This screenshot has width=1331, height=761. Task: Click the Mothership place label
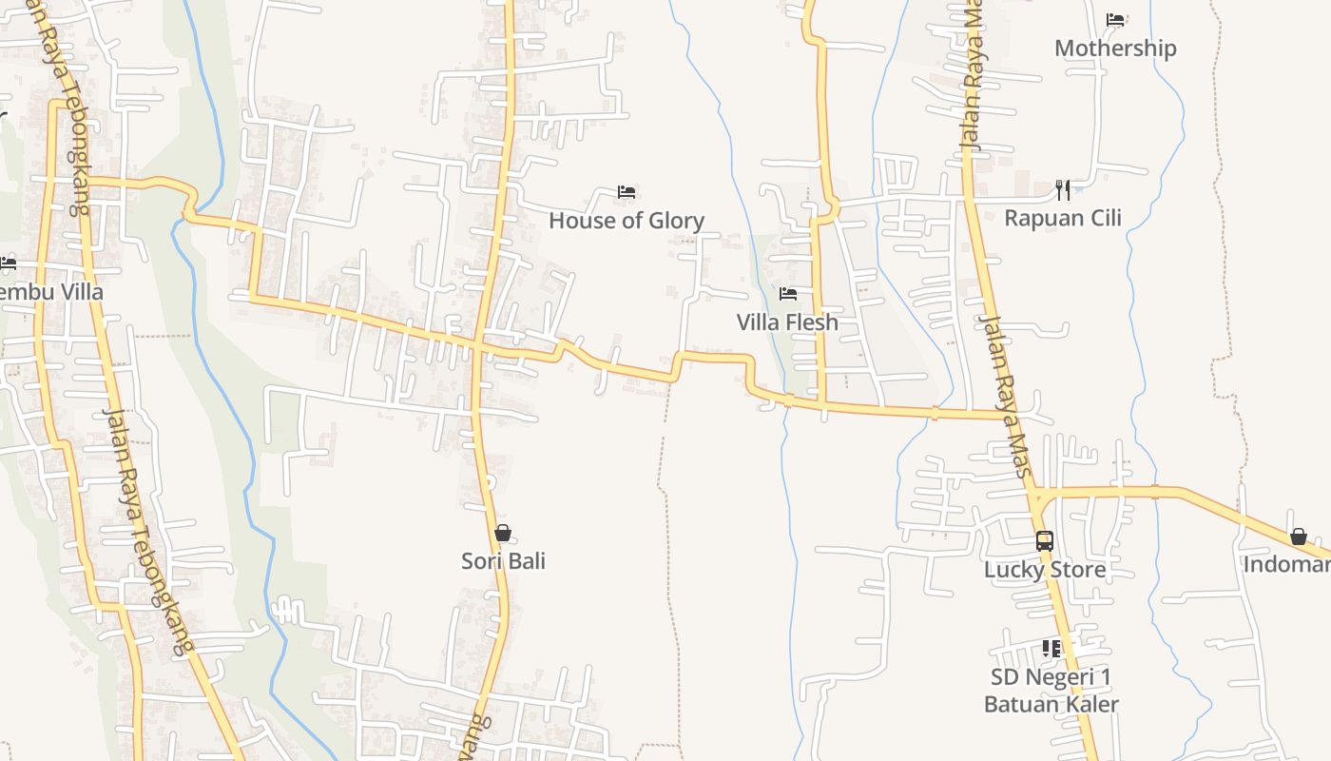[x=1115, y=49]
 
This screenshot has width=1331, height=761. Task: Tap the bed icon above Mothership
[x=1115, y=20]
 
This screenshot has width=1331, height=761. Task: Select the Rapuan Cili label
[x=1063, y=218]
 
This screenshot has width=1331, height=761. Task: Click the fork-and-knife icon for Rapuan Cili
[x=1063, y=190]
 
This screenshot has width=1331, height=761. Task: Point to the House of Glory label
[x=627, y=221]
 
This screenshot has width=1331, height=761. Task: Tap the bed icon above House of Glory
[x=627, y=192]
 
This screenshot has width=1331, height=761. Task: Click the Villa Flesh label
[x=787, y=322]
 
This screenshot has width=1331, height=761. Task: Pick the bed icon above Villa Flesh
[x=787, y=294]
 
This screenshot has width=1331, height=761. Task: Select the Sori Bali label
[x=503, y=561]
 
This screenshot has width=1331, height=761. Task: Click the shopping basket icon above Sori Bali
[x=503, y=533]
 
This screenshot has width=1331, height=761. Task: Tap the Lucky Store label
[x=1045, y=570]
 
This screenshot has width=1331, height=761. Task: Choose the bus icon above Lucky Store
[x=1045, y=541]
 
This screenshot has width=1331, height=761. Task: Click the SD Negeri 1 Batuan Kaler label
[x=1051, y=691]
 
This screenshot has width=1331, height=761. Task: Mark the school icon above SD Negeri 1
[x=1051, y=649]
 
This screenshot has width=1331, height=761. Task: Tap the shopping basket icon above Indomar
[x=1298, y=537]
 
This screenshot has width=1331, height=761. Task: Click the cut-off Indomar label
[x=1288, y=565]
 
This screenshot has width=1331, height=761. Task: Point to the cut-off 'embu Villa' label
[x=51, y=292]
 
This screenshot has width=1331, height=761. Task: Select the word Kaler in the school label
[x=1091, y=705]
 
